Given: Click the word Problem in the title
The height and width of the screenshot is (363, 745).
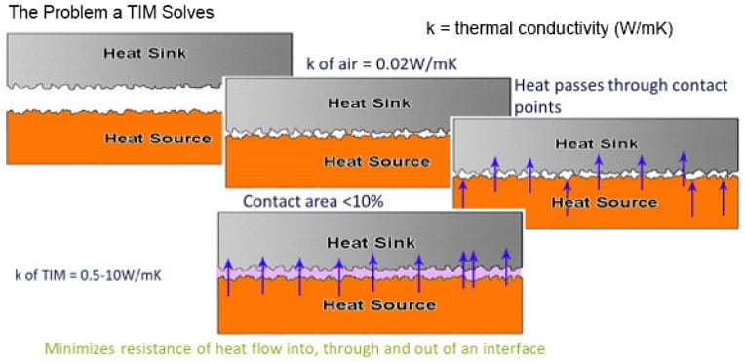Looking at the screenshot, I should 85,13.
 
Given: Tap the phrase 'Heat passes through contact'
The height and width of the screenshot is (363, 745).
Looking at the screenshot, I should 605,85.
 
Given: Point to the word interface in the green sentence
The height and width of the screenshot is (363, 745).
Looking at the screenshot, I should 516,347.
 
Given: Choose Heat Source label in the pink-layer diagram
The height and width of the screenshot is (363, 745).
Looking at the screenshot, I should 372,304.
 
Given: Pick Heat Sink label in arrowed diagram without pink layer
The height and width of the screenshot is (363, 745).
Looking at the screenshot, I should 596,143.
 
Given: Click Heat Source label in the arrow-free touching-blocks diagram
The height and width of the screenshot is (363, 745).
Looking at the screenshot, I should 375,161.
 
